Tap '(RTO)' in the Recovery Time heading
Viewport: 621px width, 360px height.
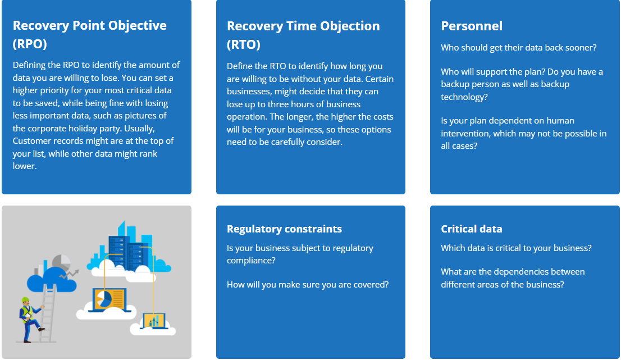tap(244, 44)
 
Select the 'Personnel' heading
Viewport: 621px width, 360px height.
tap(472, 26)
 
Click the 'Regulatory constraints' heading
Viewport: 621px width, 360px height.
tap(284, 229)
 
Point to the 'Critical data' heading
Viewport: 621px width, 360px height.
tap(471, 229)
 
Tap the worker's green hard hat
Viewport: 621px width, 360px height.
tap(25, 300)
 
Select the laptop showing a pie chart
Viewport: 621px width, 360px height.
tap(109, 300)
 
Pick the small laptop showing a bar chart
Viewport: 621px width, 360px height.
tap(153, 321)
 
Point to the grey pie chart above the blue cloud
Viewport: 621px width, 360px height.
tap(61, 262)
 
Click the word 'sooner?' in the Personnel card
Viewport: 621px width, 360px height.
tap(581, 48)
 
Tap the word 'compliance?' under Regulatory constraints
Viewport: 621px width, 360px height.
tap(251, 261)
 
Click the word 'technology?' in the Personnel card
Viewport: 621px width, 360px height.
tap(464, 97)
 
